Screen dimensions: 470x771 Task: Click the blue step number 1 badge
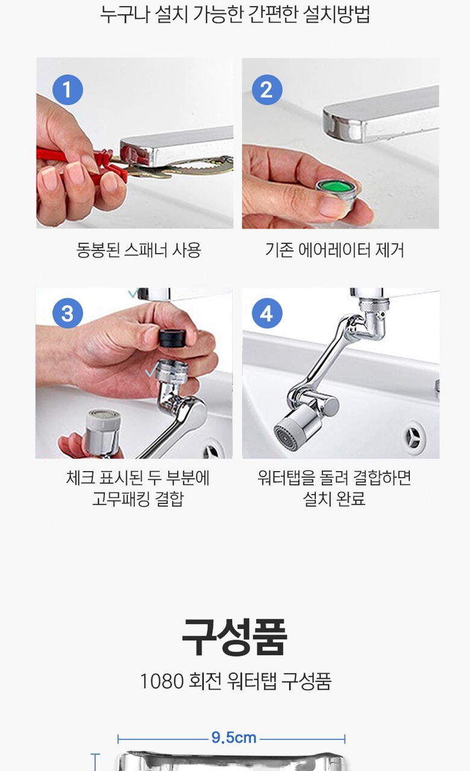67,90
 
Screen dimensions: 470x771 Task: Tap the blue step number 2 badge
267,90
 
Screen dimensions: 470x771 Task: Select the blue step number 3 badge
67,313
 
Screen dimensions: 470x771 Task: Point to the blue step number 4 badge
267,313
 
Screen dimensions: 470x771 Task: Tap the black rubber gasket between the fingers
172,338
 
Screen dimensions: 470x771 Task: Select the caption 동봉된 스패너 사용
139,250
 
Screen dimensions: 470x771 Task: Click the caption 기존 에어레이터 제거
334,250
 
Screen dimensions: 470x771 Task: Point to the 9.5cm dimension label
234,738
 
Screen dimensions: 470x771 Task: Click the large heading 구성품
234,637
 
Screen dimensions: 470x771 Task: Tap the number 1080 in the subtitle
162,681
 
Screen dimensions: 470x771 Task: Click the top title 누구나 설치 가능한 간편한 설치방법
235,14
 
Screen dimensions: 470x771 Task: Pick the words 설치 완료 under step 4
334,499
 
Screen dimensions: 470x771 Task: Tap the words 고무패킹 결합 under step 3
138,499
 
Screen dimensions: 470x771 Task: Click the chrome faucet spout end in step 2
344,124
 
